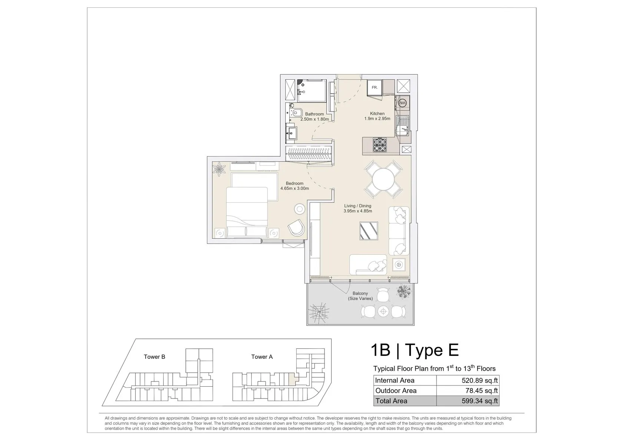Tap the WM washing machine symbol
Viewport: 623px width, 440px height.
pyautogui.click(x=402, y=103)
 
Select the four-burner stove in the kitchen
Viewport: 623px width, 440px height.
pyautogui.click(x=380, y=145)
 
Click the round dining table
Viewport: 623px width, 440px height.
pyautogui.click(x=383, y=179)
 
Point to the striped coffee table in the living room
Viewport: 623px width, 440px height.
pyautogui.click(x=369, y=231)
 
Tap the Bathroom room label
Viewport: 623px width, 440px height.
pyautogui.click(x=314, y=114)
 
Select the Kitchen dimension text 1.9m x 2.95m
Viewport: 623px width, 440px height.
pyautogui.click(x=377, y=119)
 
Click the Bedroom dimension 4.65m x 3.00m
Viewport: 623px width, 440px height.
pyautogui.click(x=294, y=188)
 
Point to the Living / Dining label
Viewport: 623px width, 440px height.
pyautogui.click(x=357, y=206)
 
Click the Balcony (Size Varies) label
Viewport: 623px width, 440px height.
pyautogui.click(x=360, y=296)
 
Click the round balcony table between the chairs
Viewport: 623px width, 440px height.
pyautogui.click(x=383, y=312)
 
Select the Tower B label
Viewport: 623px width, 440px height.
pyautogui.click(x=154, y=357)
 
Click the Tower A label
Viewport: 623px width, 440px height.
pyautogui.click(x=262, y=357)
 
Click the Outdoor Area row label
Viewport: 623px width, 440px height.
pyautogui.click(x=396, y=391)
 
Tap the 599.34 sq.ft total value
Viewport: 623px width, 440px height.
pyautogui.click(x=480, y=401)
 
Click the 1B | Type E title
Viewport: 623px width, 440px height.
pyautogui.click(x=415, y=350)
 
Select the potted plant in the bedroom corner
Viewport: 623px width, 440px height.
pyautogui.click(x=219, y=169)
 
